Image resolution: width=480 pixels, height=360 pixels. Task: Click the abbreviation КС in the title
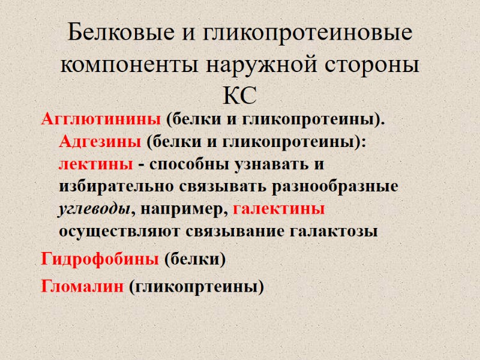(x=239, y=94)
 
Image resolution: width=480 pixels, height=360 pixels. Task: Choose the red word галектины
(x=278, y=209)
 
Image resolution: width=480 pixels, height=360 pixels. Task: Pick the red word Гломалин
(x=83, y=286)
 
